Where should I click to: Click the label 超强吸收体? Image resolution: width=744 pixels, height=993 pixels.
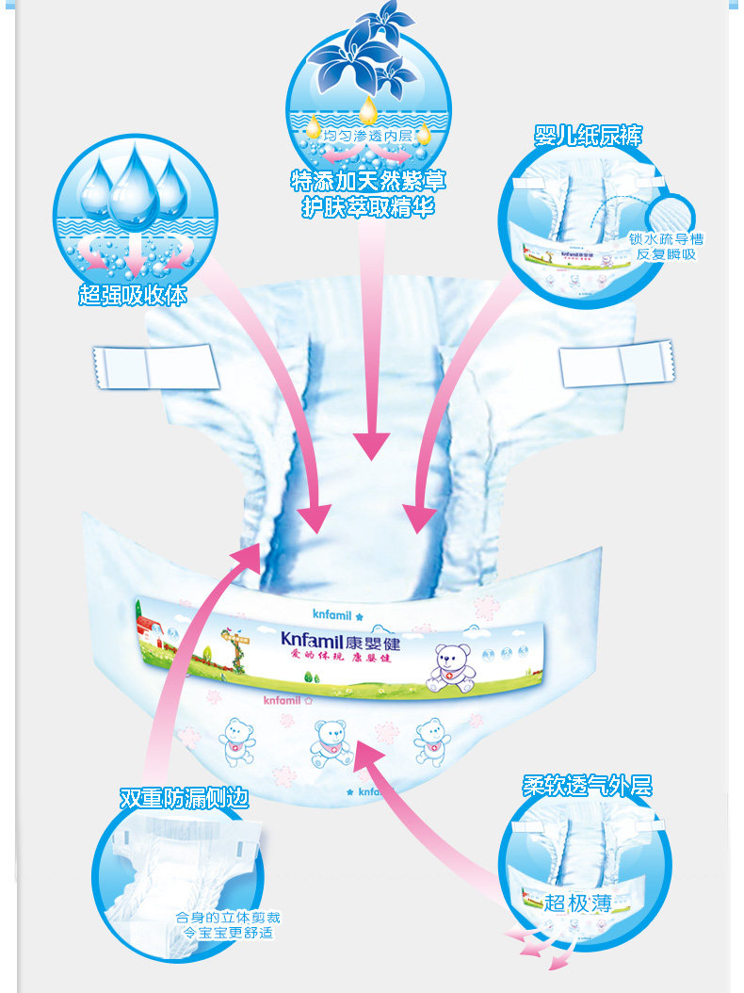(x=134, y=296)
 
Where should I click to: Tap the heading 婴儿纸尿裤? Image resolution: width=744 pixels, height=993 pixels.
(x=588, y=136)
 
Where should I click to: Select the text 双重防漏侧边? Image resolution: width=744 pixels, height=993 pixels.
(x=185, y=798)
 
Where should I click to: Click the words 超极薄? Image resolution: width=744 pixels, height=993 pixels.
(x=577, y=903)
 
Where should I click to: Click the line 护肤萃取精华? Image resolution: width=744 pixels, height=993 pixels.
(x=368, y=208)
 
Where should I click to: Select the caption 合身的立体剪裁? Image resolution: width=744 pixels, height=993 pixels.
(x=228, y=917)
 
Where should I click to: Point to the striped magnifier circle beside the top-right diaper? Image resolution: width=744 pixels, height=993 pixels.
(x=676, y=211)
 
